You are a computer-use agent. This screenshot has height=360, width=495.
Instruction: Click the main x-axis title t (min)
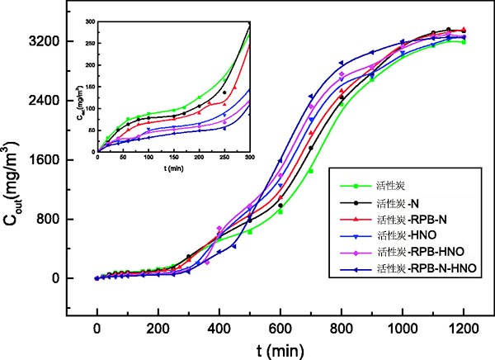click(x=280, y=349)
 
